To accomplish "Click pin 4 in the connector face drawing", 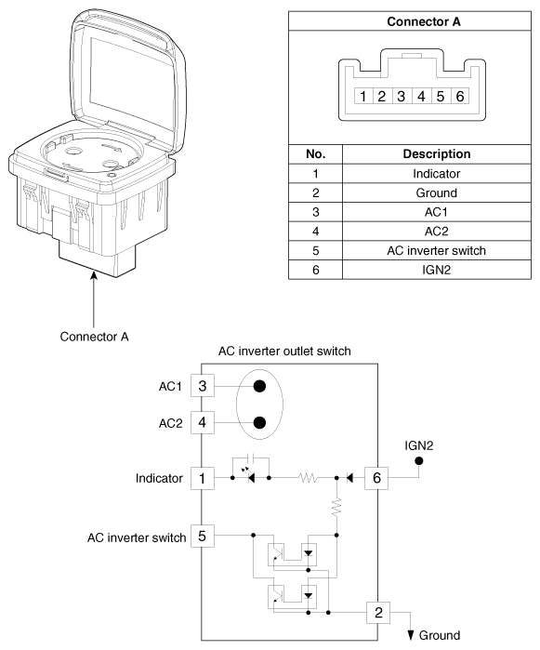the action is tap(421, 96).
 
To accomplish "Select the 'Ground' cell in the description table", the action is tap(437, 192).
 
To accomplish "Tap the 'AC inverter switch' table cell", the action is tap(437, 250).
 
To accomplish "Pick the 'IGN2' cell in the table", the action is tap(437, 270).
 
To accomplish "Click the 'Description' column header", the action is tap(437, 153).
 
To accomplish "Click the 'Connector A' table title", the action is tap(424, 21).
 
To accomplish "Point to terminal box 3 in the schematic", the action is tap(203, 386).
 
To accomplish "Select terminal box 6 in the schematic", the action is tap(376, 478).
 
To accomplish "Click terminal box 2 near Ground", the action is tap(378, 612).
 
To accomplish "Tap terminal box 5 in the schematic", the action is tap(203, 536).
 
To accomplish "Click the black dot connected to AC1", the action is tap(259, 386).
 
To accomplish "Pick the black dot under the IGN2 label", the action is tap(419, 460).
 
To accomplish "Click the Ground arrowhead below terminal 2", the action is tap(410, 635).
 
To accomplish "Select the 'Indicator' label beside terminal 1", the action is tap(159, 478).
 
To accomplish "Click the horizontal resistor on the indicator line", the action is tap(308, 478).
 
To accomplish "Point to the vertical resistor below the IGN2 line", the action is tap(336, 507).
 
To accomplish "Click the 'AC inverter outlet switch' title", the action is tap(284, 352).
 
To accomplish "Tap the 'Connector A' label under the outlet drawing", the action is tap(94, 337).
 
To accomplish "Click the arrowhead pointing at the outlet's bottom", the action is tap(94, 275).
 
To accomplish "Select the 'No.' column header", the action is tap(315, 153).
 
